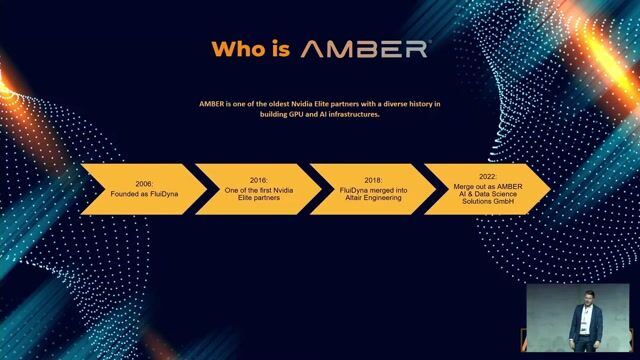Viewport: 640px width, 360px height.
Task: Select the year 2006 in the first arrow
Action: [x=144, y=185]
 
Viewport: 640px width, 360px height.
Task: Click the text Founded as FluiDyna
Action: [x=144, y=195]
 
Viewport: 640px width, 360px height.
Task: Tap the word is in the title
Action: [x=280, y=48]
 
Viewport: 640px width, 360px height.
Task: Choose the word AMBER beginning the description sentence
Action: [x=211, y=103]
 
